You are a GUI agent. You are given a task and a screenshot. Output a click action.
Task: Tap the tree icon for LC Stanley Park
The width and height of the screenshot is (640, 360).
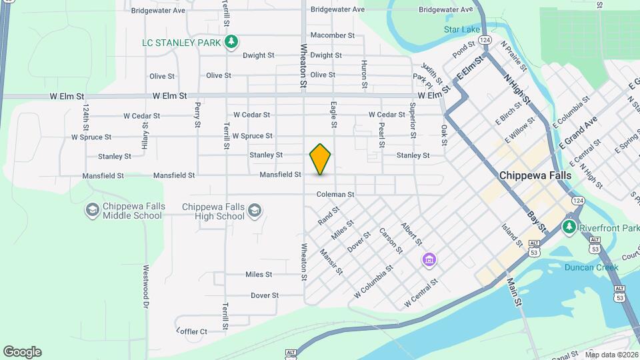click(231, 43)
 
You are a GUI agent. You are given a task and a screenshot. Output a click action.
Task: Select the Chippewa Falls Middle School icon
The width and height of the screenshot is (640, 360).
click(92, 211)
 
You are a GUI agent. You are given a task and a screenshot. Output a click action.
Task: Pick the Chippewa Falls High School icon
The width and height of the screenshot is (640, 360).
click(253, 211)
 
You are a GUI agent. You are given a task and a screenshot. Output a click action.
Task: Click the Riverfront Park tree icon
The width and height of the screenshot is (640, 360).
click(569, 227)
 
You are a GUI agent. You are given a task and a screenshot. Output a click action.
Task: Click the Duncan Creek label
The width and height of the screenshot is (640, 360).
click(591, 267)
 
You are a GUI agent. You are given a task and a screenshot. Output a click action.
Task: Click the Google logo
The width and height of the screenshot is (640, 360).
click(22, 352)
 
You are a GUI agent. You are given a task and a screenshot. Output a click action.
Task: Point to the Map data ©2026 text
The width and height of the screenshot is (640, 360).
click(610, 355)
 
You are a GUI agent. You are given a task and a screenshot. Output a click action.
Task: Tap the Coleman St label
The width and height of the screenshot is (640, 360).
click(335, 195)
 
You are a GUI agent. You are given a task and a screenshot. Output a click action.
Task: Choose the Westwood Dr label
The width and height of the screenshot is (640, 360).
click(145, 287)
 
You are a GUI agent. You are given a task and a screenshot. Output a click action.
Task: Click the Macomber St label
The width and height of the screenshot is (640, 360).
click(333, 35)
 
